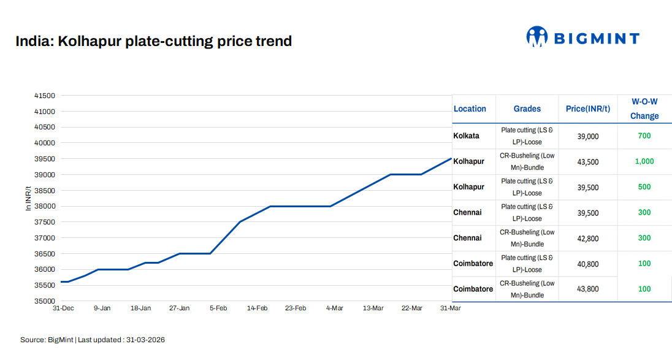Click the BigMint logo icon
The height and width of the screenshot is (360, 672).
[536, 37]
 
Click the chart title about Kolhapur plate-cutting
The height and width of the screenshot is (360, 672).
[153, 42]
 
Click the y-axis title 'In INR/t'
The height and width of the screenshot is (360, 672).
[28, 198]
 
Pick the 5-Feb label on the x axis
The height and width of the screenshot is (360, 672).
[218, 308]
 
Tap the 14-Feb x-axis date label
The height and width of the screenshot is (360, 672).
[257, 308]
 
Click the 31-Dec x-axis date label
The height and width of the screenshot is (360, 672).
[63, 308]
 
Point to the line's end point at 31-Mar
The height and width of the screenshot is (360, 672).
[451, 159]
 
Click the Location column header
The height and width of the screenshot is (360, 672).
[470, 109]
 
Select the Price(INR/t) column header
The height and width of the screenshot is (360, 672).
[588, 109]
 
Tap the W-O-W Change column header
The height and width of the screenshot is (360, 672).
[644, 109]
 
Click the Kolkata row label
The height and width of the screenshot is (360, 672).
[467, 136]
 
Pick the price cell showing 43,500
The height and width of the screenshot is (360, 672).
[588, 162]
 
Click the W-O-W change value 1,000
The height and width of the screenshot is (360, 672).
[644, 162]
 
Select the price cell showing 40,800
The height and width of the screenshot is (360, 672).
[588, 264]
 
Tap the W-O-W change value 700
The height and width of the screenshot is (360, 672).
[644, 136]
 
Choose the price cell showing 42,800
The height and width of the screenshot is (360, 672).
[588, 238]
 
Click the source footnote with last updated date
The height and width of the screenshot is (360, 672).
[93, 340]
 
